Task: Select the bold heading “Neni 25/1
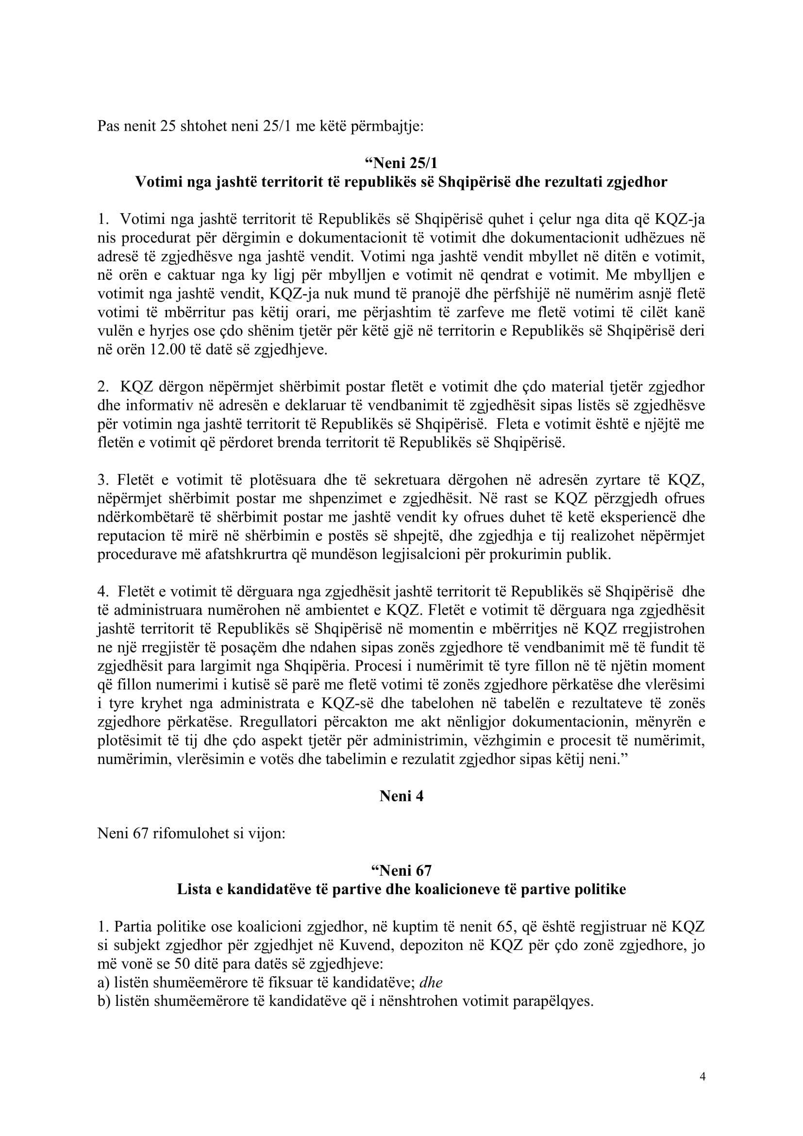coord(401,163)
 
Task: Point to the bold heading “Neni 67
coord(401,870)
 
